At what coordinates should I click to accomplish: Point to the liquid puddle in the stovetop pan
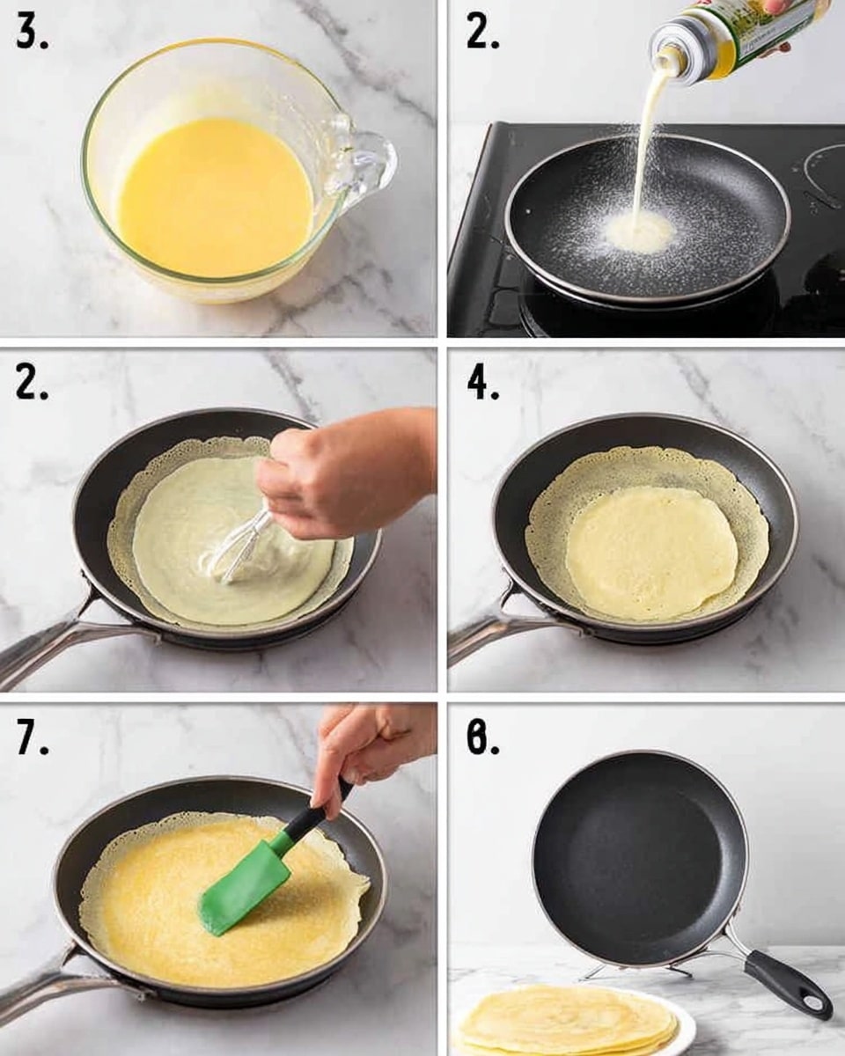(640, 232)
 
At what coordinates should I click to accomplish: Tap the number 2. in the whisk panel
(32, 384)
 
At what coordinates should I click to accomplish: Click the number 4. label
(482, 384)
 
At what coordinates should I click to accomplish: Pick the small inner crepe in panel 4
(651, 551)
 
